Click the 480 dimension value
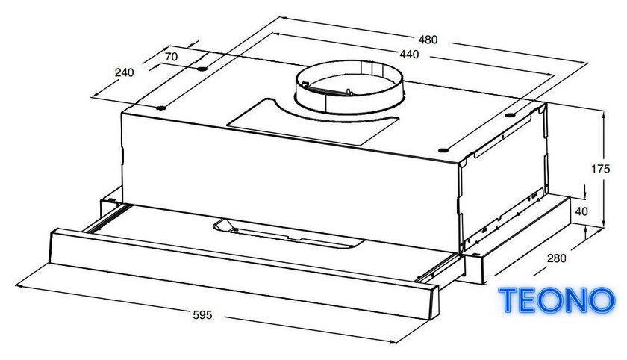point(428,39)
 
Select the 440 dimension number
point(409,54)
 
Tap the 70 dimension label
point(171,57)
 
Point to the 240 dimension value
point(125,72)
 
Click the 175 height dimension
point(601,169)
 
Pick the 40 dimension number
point(581,211)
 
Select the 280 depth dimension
point(557,258)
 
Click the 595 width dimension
point(202,315)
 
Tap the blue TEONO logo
point(557,300)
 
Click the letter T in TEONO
point(509,300)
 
